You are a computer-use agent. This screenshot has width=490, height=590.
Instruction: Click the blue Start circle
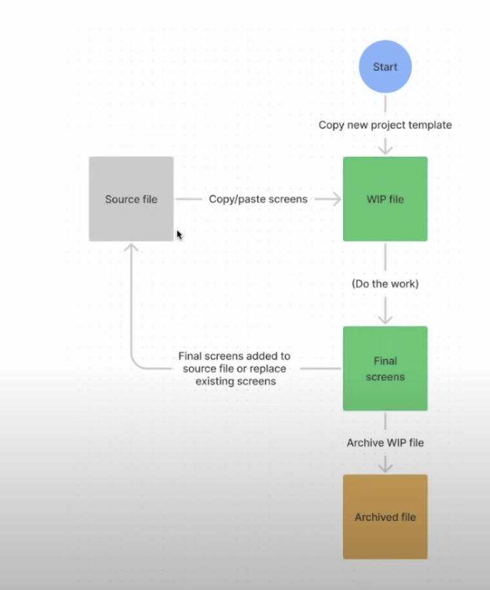[385, 66]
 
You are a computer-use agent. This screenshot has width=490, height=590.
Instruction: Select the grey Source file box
[131, 199]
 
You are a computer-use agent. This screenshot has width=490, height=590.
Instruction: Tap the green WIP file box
[385, 199]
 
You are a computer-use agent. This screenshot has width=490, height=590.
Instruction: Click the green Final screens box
[385, 368]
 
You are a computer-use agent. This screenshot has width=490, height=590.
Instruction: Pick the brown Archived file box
[385, 516]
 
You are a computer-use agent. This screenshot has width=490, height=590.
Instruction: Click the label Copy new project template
[385, 125]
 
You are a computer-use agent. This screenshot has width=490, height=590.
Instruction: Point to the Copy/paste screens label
[258, 199]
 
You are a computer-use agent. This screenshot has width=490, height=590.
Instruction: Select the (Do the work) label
[385, 283]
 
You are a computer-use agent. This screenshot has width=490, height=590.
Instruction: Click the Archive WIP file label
[385, 443]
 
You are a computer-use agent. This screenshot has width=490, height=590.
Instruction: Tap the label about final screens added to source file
[235, 369]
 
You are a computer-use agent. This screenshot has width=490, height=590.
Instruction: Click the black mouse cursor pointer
[179, 234]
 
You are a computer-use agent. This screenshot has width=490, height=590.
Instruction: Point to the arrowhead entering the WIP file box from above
[385, 150]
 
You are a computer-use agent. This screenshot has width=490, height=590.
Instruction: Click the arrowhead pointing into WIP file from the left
[336, 199]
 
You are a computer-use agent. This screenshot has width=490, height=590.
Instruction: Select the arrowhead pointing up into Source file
[131, 248]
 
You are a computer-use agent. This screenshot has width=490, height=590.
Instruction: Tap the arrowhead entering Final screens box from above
[385, 319]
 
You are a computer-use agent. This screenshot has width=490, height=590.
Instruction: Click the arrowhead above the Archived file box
[385, 467]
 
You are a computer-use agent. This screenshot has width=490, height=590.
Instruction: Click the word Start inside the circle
[385, 66]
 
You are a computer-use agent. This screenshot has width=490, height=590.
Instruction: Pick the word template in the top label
[429, 125]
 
